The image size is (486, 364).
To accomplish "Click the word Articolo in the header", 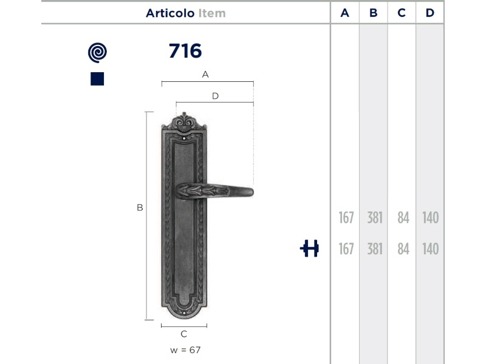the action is (x=170, y=13).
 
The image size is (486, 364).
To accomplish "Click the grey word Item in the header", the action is (x=212, y=13).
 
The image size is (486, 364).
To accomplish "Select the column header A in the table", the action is (x=344, y=13).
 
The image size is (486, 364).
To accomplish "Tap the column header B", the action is (x=373, y=13).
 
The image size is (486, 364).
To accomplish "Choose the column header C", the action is (x=402, y=13).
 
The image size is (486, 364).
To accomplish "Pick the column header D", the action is (x=430, y=13).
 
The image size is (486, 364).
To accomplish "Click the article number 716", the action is (x=185, y=51).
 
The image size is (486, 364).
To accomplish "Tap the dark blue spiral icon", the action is (x=97, y=53).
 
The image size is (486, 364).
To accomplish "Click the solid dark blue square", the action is (x=97, y=79).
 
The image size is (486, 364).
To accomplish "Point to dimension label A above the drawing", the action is (x=205, y=74).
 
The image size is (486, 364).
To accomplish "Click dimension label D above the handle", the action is (x=215, y=96).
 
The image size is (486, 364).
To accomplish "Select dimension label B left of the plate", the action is (x=140, y=207).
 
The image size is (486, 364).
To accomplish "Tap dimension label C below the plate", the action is (x=184, y=334).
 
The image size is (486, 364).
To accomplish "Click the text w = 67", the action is (x=185, y=350).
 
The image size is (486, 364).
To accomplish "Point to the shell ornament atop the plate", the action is (x=184, y=122).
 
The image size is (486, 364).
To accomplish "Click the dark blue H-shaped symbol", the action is (x=309, y=248).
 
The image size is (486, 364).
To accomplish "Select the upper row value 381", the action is (x=375, y=218).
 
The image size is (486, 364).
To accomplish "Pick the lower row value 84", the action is (x=403, y=249).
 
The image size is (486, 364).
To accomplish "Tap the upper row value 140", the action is (x=431, y=218).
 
